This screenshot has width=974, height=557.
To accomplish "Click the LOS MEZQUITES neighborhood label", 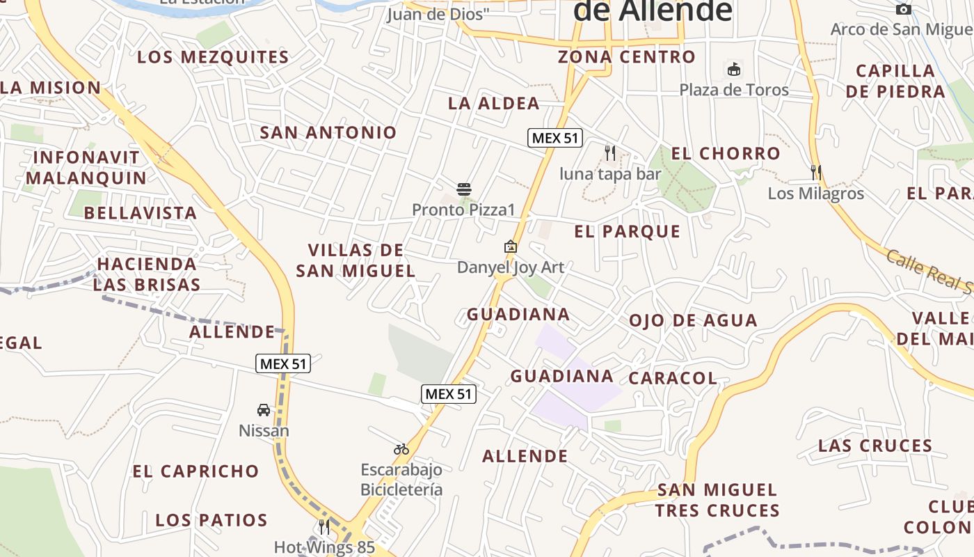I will tap(213, 57).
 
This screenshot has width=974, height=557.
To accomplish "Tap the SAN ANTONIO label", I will tap(328, 132).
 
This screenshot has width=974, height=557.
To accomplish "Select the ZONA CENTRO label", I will tap(627, 57).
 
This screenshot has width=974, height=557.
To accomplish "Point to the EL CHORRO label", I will tap(726, 153).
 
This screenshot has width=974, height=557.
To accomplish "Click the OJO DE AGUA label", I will tap(693, 320).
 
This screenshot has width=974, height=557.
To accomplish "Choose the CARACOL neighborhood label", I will tap(673, 378).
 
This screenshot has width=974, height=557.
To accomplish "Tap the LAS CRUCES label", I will tap(875, 446).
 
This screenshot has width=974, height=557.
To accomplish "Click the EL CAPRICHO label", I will tap(196, 471).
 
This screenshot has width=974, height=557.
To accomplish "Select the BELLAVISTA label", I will tap(141, 213).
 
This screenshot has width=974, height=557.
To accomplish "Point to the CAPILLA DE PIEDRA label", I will tap(895, 81).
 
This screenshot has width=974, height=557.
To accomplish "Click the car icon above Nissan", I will tap(264, 410).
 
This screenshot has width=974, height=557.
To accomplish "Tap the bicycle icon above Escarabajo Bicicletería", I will tap(401, 449).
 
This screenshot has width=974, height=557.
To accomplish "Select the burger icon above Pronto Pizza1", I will tap(464, 189).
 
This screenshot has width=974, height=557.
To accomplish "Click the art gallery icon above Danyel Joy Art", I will tap(511, 246).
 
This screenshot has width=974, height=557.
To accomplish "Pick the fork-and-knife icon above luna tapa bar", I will tap(610, 152).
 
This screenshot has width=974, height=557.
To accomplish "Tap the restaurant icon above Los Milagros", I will tap(816, 172).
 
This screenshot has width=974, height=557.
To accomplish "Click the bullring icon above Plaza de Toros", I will tap(734, 69).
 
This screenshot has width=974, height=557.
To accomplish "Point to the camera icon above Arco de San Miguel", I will tap(904, 9).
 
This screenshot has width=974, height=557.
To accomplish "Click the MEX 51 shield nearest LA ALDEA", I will tap(554, 138).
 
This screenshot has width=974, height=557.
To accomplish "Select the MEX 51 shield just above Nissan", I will tap(283, 363).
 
